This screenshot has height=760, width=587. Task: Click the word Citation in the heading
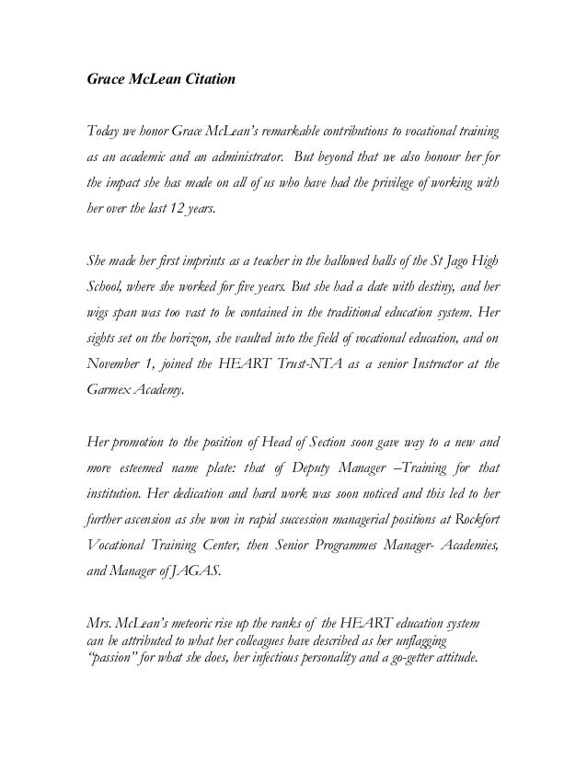pos(207,80)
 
